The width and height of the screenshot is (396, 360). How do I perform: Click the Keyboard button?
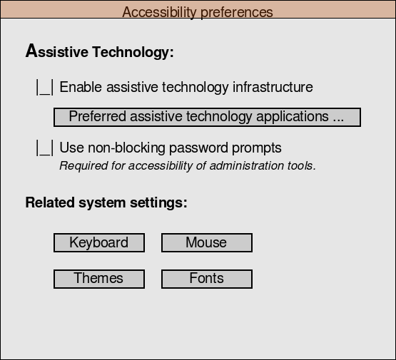pyautogui.click(x=99, y=242)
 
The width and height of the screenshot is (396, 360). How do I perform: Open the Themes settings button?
pyautogui.click(x=99, y=279)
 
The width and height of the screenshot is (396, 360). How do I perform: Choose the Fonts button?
pyautogui.click(x=207, y=279)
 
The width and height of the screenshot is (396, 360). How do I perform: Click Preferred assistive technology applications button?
pyautogui.click(x=207, y=118)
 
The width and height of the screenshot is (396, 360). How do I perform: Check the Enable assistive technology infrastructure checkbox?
pyautogui.click(x=45, y=87)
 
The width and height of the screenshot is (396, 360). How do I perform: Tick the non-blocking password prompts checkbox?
pyautogui.click(x=45, y=148)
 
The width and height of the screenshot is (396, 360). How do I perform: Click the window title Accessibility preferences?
pyautogui.click(x=198, y=12)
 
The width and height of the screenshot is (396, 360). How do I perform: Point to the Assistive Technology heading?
pyautogui.click(x=99, y=51)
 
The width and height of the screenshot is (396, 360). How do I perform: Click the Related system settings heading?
pyautogui.click(x=106, y=202)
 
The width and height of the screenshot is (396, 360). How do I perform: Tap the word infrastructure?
pyautogui.click(x=273, y=87)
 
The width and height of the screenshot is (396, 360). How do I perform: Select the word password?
pyautogui.click(x=198, y=148)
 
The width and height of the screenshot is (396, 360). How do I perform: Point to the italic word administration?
pyautogui.click(x=247, y=166)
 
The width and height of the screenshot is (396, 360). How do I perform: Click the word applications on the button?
pyautogui.click(x=293, y=117)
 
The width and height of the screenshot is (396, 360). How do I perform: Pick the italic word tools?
pyautogui.click(x=302, y=166)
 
